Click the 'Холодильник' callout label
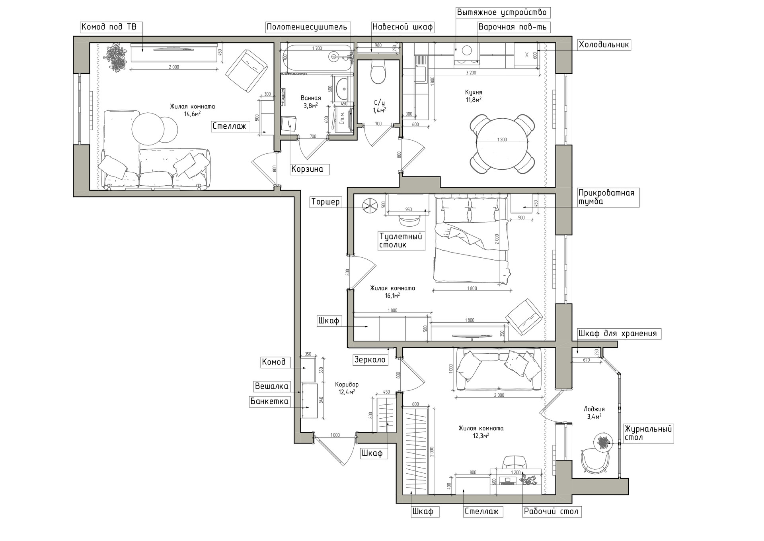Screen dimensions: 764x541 pos(604,45)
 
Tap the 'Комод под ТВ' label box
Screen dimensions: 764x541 pos(109,27)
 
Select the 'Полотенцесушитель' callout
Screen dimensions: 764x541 pos(307,27)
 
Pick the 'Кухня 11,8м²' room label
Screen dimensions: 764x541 pos(474,96)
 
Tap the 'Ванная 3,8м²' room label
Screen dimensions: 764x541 pos(310,102)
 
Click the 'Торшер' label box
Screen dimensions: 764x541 pos(325,202)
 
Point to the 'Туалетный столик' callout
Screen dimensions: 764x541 pos(401,241)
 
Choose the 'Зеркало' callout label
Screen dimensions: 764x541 pos(370,360)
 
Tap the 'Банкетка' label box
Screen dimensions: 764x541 pos(269,401)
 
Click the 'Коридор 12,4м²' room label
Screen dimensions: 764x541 pos(347,388)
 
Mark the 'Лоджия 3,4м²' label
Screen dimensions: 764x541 pos(594,413)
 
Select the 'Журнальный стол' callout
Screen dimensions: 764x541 pos(648,433)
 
